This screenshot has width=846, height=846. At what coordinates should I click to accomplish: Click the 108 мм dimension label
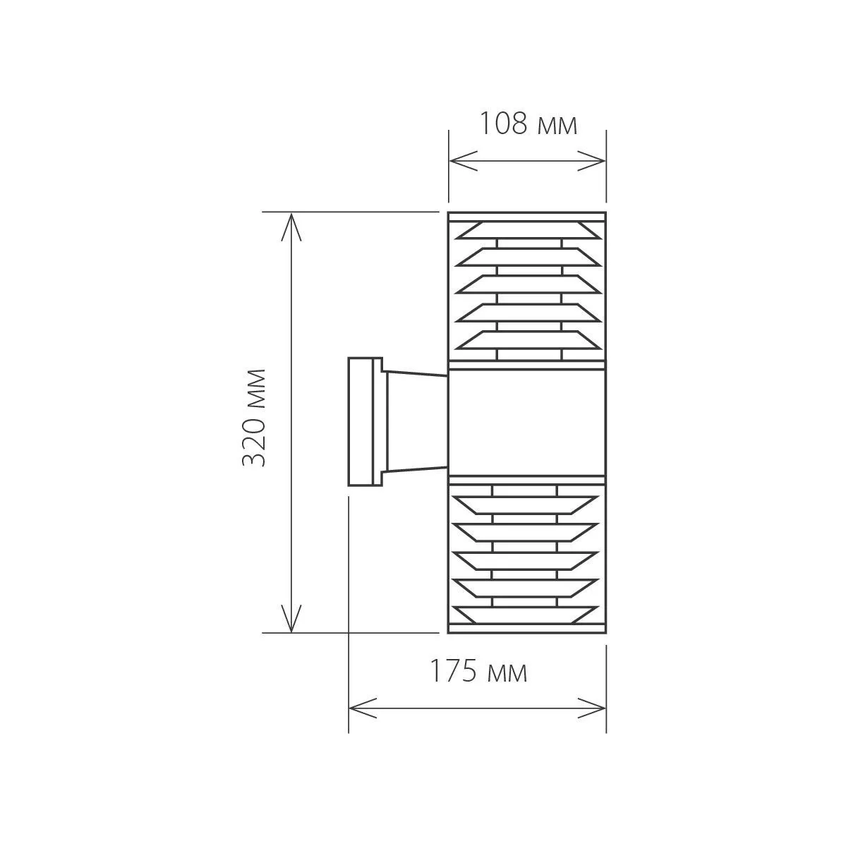528,123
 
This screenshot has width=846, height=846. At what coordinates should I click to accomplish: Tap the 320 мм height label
253,418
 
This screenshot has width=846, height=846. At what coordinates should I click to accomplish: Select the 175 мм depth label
479,672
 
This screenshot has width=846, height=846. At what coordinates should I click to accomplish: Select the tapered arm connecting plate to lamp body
416,421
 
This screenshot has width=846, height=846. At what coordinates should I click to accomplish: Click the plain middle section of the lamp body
527,421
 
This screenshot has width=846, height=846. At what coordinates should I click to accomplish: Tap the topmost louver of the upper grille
527,231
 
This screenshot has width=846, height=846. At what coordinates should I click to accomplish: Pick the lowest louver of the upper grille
527,339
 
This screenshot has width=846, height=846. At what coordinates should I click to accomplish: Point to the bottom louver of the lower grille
527,615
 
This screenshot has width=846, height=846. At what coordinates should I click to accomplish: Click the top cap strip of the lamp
527,216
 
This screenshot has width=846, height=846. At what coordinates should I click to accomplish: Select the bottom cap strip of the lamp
527,628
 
